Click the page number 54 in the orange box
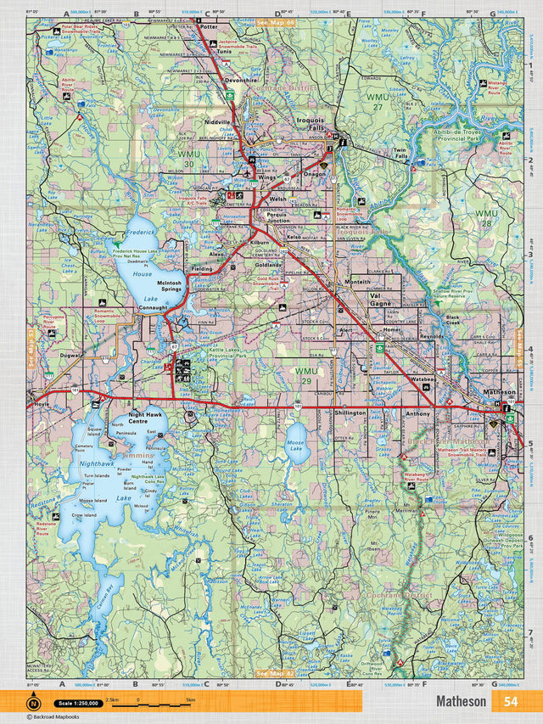point(510,701)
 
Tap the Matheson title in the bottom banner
point(461,701)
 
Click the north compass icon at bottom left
point(33,702)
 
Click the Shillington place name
point(350,413)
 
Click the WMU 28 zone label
point(486,218)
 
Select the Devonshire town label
point(240,79)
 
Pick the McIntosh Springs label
point(170,286)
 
